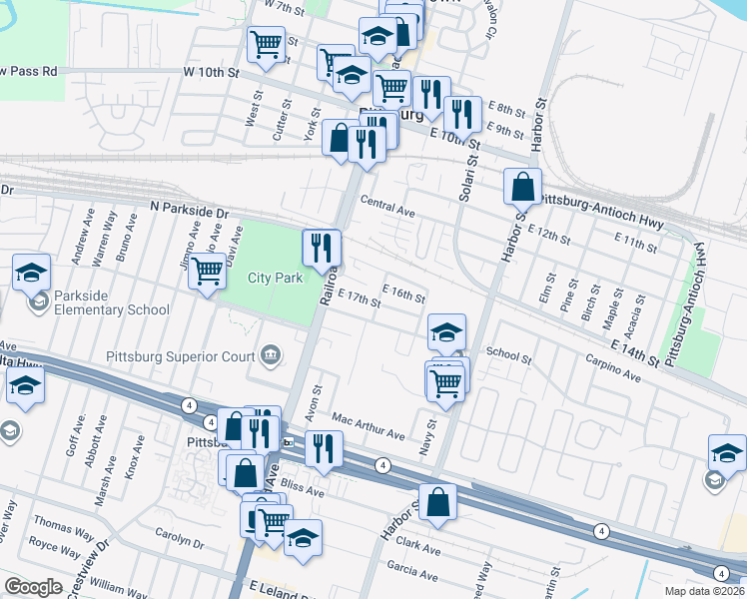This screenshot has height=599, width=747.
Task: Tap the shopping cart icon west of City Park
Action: coord(207,270)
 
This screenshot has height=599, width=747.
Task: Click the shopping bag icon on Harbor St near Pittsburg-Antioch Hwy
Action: coord(523,187)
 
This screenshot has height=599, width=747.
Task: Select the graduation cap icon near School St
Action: coord(446,331)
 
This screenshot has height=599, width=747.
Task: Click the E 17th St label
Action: coord(361,299)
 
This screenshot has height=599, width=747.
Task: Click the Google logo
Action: coord(33,587)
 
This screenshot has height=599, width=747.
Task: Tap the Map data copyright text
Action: coord(705,590)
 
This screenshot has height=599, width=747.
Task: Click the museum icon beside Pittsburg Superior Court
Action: coord(271,355)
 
